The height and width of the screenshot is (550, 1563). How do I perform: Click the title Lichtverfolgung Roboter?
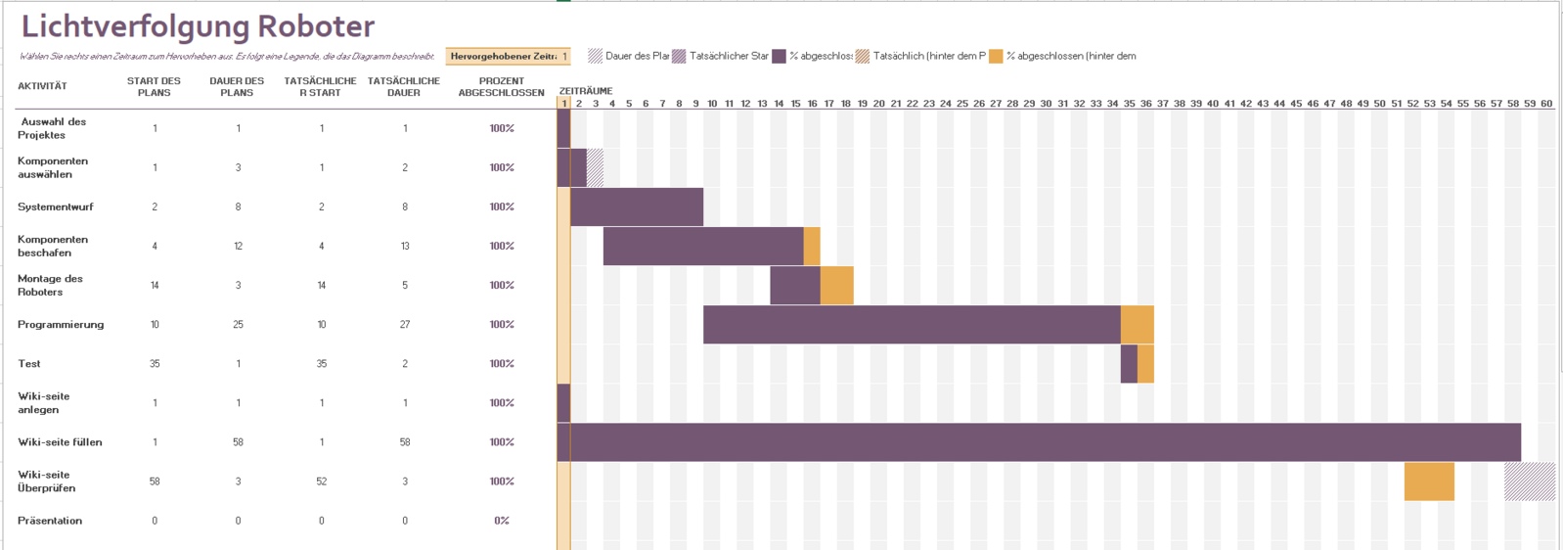(x=198, y=26)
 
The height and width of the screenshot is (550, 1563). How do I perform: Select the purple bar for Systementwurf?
(x=637, y=206)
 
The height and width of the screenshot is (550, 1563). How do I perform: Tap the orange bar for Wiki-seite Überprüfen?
(x=1429, y=481)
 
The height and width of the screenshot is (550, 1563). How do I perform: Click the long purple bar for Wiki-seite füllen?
(x=1045, y=442)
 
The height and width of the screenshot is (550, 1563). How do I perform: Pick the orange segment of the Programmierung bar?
(x=1137, y=325)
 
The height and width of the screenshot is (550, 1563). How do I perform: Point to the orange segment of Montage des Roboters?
(x=836, y=286)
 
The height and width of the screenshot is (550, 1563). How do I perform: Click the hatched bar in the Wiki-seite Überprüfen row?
(x=1529, y=481)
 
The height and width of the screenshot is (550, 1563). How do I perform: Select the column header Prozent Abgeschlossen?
(x=501, y=87)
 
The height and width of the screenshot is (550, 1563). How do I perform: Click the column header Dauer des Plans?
(x=237, y=87)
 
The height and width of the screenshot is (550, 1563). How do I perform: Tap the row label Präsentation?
(x=50, y=521)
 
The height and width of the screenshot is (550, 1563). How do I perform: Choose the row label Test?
(x=29, y=364)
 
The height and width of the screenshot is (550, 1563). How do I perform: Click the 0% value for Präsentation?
(x=501, y=521)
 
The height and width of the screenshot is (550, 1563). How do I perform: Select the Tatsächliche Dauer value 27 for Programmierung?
(x=405, y=325)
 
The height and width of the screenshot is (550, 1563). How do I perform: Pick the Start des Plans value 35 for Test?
(x=155, y=364)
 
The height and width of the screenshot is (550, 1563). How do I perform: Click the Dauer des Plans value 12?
(x=238, y=247)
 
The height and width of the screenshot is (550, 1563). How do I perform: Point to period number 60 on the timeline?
(x=1546, y=104)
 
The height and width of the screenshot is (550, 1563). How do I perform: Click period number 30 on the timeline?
(x=1046, y=104)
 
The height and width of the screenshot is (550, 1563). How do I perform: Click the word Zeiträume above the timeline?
(x=586, y=91)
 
